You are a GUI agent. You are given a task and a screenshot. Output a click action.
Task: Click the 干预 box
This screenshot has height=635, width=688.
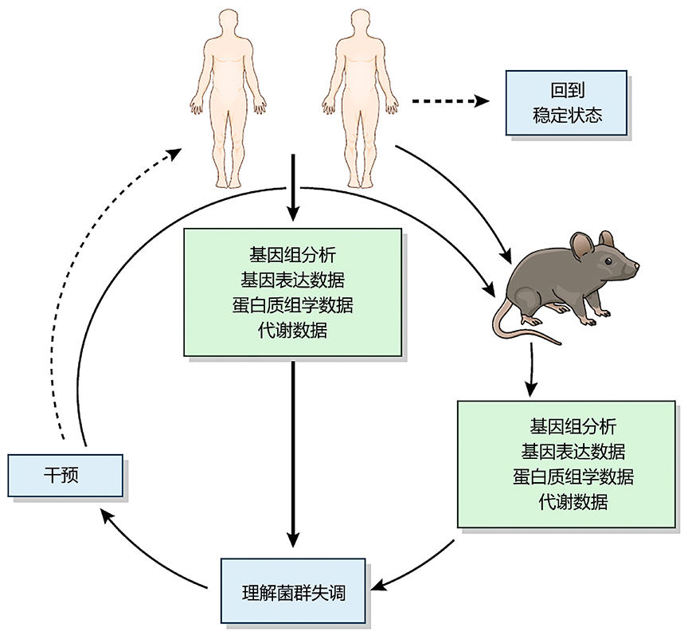(65, 475)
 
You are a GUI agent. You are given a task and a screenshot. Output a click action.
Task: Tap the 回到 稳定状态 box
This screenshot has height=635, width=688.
(566, 103)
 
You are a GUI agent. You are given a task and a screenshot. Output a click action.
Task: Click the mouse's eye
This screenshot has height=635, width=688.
(608, 261)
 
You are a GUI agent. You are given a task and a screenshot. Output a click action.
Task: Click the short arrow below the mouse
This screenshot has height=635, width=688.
(530, 374)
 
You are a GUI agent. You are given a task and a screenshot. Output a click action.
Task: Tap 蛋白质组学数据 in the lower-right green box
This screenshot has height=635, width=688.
(573, 476)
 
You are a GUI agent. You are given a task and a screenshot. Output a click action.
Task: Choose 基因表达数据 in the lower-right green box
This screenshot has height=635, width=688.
(573, 451)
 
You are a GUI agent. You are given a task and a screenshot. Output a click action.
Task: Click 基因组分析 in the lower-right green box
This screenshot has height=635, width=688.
(573, 426)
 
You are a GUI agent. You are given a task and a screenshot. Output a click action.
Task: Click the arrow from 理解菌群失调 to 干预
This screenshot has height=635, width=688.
(151, 558)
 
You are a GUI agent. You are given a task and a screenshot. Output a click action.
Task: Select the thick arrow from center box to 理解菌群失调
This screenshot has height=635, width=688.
(294, 454)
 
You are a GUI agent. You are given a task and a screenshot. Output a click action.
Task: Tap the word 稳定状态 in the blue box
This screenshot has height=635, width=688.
(566, 116)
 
